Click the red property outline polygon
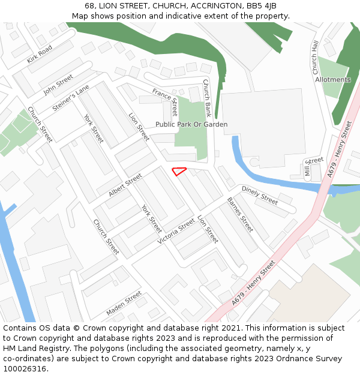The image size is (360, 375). point(179,171)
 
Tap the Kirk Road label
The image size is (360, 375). point(40,54)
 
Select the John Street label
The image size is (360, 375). point(58,85)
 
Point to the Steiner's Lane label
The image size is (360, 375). point(71,98)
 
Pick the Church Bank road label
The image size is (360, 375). point(207,98)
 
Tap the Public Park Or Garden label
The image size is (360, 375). point(191,124)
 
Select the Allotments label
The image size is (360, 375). point(332,80)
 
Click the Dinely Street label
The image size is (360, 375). point(260,195)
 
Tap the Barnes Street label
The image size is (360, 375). point(240,214)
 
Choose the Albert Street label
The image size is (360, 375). point(125,185)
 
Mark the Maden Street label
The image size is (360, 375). point(124,304)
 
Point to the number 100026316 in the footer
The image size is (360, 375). point(25,369)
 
